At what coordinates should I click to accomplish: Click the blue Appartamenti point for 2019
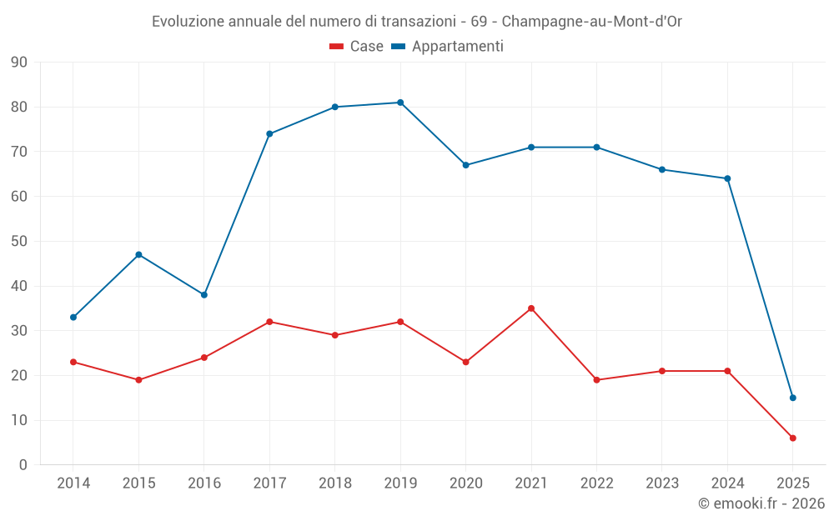click(x=400, y=103)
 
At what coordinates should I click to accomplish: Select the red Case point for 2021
click(x=531, y=308)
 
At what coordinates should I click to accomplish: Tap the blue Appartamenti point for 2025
click(x=792, y=398)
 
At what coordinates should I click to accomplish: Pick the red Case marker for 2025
click(x=792, y=438)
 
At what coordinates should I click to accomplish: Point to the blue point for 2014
click(x=73, y=318)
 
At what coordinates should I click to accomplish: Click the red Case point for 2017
click(x=269, y=322)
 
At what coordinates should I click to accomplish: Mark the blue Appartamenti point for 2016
click(x=204, y=295)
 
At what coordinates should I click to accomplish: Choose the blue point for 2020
click(x=465, y=165)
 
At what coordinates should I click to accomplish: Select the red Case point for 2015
click(x=138, y=380)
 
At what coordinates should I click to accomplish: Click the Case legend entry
click(x=357, y=47)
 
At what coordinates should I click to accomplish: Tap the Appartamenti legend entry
click(x=448, y=47)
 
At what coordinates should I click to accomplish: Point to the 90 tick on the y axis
click(x=19, y=63)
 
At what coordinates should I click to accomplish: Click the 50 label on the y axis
click(x=19, y=242)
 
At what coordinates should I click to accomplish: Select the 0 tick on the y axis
click(x=23, y=465)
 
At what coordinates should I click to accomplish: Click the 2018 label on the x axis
click(x=334, y=483)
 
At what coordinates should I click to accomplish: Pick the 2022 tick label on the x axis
click(x=596, y=483)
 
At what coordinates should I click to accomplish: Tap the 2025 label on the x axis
click(x=792, y=483)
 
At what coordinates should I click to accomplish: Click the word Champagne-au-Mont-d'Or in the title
click(x=591, y=22)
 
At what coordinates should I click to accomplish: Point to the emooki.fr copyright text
click(x=761, y=503)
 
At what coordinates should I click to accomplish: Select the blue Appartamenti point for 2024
click(x=727, y=178)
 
